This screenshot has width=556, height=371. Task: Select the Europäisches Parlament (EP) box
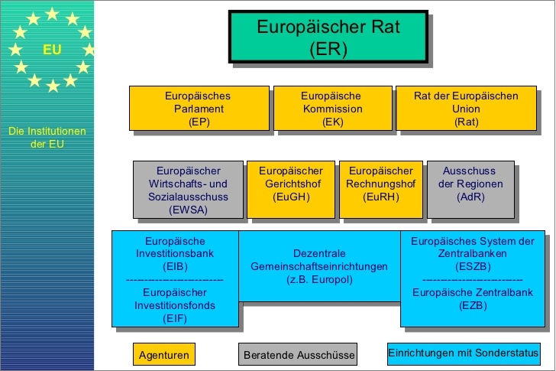pyautogui.click(x=198, y=109)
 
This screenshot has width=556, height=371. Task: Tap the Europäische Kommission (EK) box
pyautogui.click(x=331, y=109)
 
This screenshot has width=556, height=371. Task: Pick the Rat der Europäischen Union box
pyautogui.click(x=466, y=109)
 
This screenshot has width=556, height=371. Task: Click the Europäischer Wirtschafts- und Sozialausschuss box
pyautogui.click(x=188, y=189)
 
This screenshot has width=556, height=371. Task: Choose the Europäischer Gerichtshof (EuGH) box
pyautogui.click(x=290, y=189)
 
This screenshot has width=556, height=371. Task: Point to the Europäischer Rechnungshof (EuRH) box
pyautogui.click(x=380, y=189)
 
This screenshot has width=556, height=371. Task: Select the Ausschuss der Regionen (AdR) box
pyautogui.click(x=470, y=189)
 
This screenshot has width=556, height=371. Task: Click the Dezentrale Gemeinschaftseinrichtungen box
pyautogui.click(x=319, y=266)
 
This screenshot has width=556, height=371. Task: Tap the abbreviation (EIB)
pyautogui.click(x=175, y=267)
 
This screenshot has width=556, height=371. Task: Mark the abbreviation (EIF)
pyautogui.click(x=175, y=319)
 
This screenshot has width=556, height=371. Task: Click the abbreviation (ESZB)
pyautogui.click(x=473, y=267)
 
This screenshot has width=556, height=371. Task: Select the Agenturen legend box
pyautogui.click(x=163, y=355)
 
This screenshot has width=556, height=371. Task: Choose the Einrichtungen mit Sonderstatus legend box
pyautogui.click(x=462, y=353)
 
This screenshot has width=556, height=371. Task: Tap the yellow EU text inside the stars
pyautogui.click(x=52, y=50)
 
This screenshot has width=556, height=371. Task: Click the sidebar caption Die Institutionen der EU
pyautogui.click(x=47, y=138)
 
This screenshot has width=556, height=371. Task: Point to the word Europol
pyautogui.click(x=330, y=279)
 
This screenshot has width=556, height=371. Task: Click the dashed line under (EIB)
pyautogui.click(x=175, y=280)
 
